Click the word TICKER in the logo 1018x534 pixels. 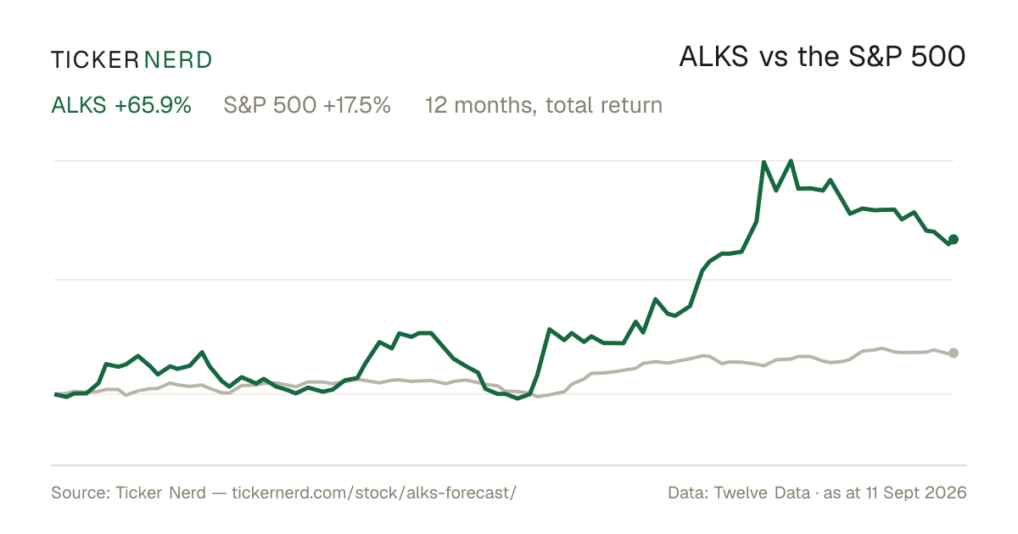pyautogui.click(x=95, y=60)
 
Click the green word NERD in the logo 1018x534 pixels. pyautogui.click(x=177, y=60)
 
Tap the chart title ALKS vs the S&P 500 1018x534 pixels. pyautogui.click(x=822, y=57)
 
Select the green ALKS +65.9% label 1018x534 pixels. pyautogui.click(x=121, y=105)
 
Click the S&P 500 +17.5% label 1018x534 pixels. pyautogui.click(x=307, y=105)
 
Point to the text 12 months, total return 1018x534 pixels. pyautogui.click(x=544, y=105)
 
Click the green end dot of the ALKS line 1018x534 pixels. pyautogui.click(x=954, y=239)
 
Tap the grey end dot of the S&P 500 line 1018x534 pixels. pyautogui.click(x=954, y=353)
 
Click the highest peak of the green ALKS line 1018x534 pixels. pyautogui.click(x=791, y=161)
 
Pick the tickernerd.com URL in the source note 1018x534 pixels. pyautogui.click(x=374, y=492)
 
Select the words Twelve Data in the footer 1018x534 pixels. pyautogui.click(x=762, y=492)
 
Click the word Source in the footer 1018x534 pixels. pyautogui.click(x=78, y=492)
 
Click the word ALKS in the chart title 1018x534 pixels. pyautogui.click(x=713, y=57)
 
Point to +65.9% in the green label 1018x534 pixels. pyautogui.click(x=153, y=105)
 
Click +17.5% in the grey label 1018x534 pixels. pyautogui.click(x=357, y=105)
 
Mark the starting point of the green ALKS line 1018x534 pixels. pyautogui.click(x=55, y=394)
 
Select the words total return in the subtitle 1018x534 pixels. pyautogui.click(x=604, y=105)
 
